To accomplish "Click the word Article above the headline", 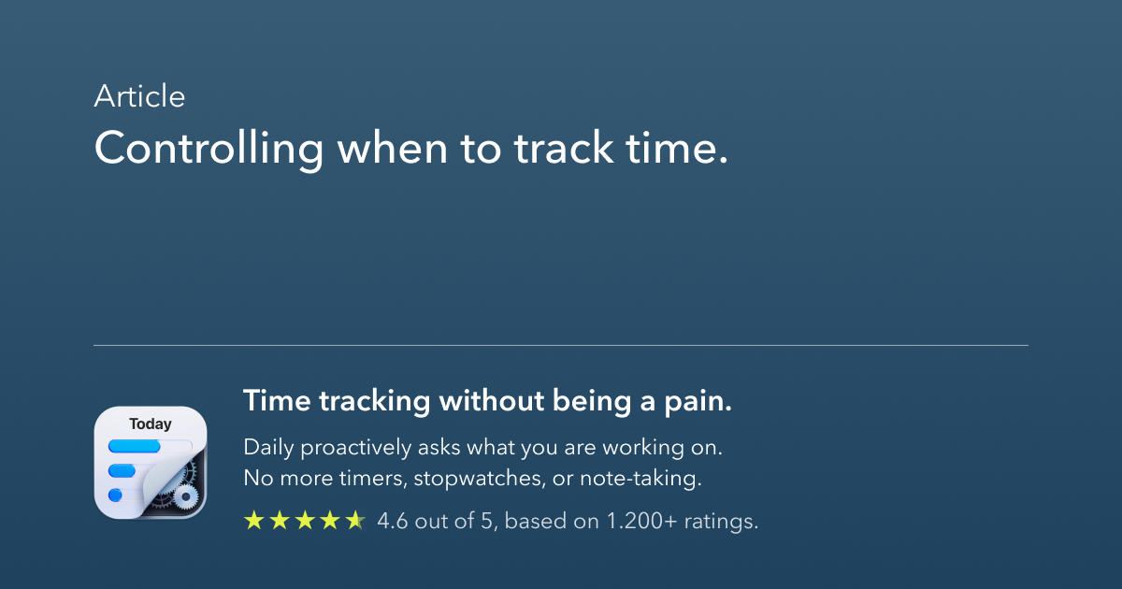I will (139, 96).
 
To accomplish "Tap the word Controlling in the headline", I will (209, 150).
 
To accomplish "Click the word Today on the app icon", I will (151, 424).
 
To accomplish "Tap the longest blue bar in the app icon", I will (135, 447).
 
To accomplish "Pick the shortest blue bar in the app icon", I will (116, 494).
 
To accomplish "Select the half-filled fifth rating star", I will (355, 521).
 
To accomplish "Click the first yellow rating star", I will (253, 521).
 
